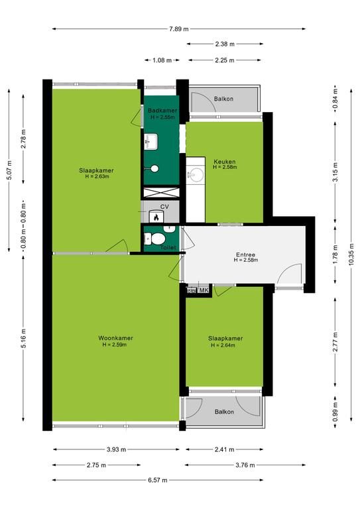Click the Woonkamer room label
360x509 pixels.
pyautogui.click(x=115, y=338)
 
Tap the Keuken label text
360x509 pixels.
pyautogui.click(x=225, y=162)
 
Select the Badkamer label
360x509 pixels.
pyautogui.click(x=162, y=111)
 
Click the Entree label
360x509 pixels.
pyautogui.click(x=245, y=254)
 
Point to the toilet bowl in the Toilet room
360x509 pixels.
pyautogui.click(x=157, y=239)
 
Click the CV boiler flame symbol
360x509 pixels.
pyautogui.click(x=156, y=217)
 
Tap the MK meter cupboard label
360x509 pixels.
pyautogui.click(x=204, y=290)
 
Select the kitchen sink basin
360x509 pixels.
pyautogui.click(x=196, y=175)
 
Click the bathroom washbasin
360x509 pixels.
pyautogui.click(x=150, y=142)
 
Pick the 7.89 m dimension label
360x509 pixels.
pyautogui.click(x=178, y=29)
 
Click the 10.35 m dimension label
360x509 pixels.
pyautogui.click(x=351, y=254)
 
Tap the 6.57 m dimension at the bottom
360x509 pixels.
pyautogui.click(x=158, y=480)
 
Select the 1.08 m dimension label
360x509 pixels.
pyautogui.click(x=162, y=60)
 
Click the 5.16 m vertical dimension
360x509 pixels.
pyautogui.click(x=23, y=339)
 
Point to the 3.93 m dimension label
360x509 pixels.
pyautogui.click(x=116, y=449)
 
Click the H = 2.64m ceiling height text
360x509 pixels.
pyautogui.click(x=223, y=345)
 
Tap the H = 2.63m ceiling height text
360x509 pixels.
pyautogui.click(x=97, y=176)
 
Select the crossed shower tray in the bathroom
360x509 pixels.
pyautogui.click(x=161, y=192)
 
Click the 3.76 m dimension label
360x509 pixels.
pyautogui.click(x=245, y=465)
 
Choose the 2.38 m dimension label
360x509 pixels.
pyautogui.click(x=225, y=44)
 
